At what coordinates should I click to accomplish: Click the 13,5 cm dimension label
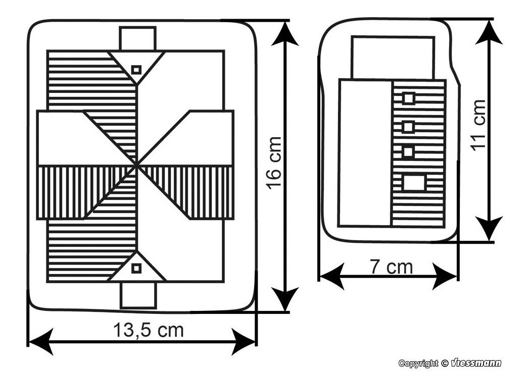click(x=148, y=330)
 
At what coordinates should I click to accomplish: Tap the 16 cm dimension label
click(x=273, y=162)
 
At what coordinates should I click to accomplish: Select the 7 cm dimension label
click(x=391, y=266)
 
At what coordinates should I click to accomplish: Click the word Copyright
click(x=418, y=363)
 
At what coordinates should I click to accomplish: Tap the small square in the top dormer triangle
click(x=136, y=70)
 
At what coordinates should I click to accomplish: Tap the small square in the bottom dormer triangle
click(x=136, y=269)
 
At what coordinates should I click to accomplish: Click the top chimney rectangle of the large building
click(x=137, y=38)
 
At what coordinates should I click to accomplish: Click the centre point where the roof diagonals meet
click(x=137, y=165)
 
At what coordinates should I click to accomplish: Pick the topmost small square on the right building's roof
click(x=408, y=98)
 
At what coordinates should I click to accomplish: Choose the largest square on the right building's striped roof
click(x=414, y=182)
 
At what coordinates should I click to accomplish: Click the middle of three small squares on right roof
click(x=408, y=126)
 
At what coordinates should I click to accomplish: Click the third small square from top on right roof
click(x=408, y=152)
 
